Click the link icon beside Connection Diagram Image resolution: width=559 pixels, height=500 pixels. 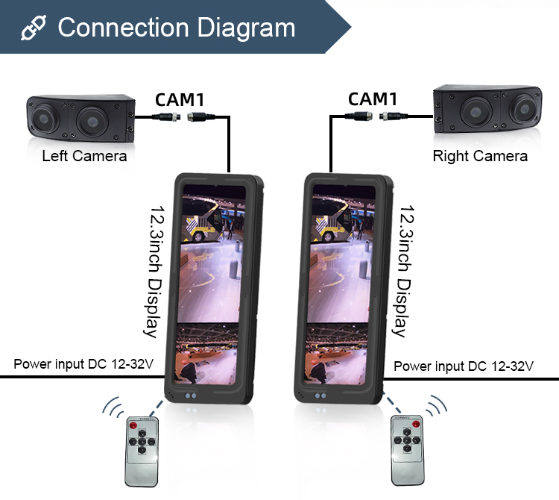point(33,28)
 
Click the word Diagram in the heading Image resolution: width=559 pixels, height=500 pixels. point(245,28)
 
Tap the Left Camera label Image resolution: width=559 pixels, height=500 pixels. point(84,156)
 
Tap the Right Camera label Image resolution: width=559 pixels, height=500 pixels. point(480,156)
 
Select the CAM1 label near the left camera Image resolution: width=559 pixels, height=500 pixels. point(181,99)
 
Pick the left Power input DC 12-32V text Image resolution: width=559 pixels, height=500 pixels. point(83,365)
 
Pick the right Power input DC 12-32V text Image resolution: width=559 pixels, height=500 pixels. point(464,366)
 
